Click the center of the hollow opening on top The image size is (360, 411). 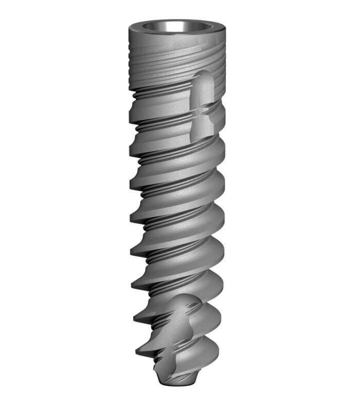[x=175, y=27]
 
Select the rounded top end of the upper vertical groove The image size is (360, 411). [x=204, y=77]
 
